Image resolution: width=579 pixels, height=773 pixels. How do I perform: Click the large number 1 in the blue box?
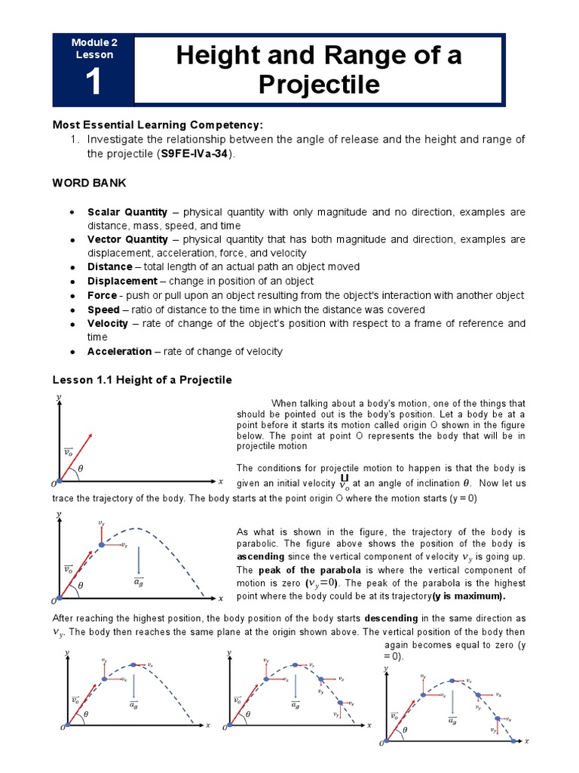93,82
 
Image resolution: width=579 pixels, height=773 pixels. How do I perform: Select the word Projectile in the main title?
319,85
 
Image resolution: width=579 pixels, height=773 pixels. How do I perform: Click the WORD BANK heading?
89,183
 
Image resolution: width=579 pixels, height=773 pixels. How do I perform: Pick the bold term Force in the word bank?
103,295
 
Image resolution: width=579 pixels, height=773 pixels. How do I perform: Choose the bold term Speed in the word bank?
103,310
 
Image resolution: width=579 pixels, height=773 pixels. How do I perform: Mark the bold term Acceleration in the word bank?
119,351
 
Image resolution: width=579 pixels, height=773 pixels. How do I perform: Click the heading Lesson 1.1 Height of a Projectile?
142,380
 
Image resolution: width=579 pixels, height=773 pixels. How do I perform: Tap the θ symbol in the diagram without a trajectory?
81,469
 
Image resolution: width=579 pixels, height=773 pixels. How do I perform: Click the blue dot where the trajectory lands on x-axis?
514,741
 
